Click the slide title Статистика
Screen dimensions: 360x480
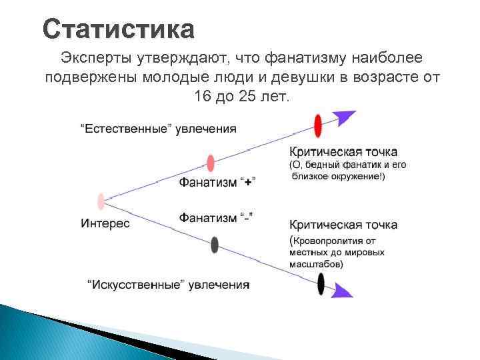pos(119,29)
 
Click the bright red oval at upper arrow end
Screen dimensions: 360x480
pos(318,125)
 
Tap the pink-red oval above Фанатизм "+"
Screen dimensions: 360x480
pos(211,163)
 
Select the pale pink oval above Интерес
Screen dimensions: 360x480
pos(101,201)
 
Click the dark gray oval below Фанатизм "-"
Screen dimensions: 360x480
pos(214,245)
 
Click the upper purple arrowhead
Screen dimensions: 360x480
pos(345,117)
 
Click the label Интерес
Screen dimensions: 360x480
pos(105,223)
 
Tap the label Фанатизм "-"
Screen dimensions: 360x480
pos(216,218)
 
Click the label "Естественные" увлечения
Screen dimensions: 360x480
pos(158,128)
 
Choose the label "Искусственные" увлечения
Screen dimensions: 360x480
pos(168,285)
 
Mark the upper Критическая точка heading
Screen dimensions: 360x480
pos(343,151)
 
